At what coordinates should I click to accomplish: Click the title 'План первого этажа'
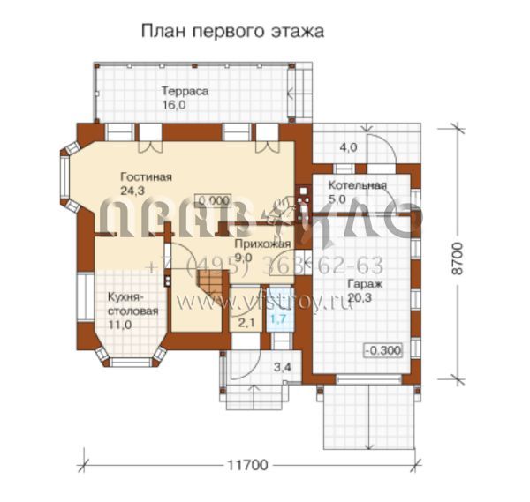coord(232,31)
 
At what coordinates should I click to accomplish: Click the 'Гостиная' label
coord(146,177)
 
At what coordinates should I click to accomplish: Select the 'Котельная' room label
coord(358,185)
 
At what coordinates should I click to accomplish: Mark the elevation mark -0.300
coord(382,350)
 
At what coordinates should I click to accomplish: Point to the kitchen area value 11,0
coord(120,326)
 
